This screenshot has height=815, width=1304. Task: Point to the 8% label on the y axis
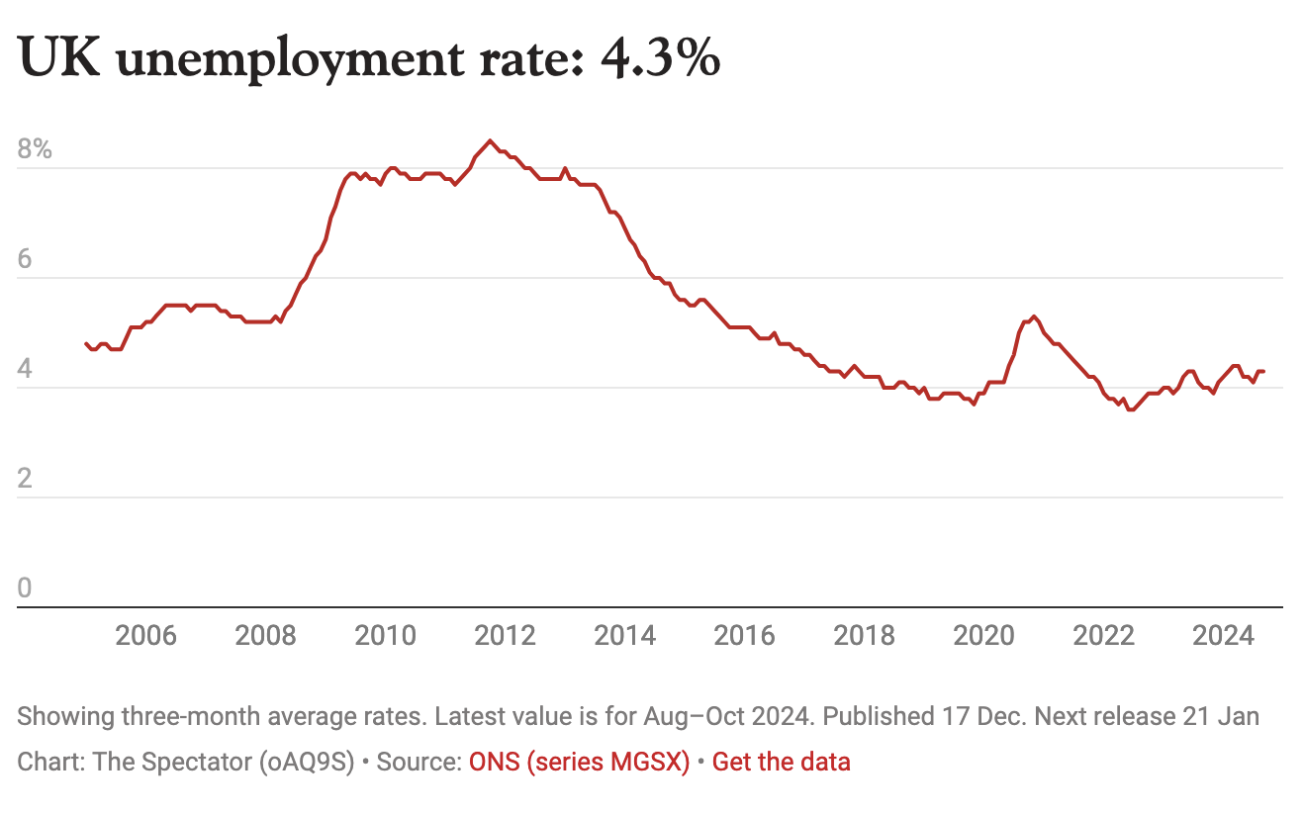pos(35,150)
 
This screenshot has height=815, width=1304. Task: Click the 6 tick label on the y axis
pos(25,260)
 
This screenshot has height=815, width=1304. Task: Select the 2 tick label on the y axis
pos(25,480)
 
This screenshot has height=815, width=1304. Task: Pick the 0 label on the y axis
pos(25,589)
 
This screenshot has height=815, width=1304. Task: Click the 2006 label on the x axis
pos(146,635)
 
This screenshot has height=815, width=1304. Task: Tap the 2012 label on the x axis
pos(506,635)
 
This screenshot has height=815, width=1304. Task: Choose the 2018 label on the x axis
pos(865,635)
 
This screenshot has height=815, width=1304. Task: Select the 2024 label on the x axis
pos(1223,635)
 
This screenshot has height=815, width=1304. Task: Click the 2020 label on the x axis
pos(983,635)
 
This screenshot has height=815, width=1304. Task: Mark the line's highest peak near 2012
pos(490,140)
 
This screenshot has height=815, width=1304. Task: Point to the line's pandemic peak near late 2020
pos(1034,317)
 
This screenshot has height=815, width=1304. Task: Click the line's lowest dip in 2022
pos(1130,409)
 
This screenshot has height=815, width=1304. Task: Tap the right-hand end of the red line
pos(1264,371)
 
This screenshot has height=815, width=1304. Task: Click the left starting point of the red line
pos(86,343)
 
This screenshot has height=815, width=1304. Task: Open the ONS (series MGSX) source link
pos(579,763)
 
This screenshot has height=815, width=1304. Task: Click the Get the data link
pos(781,763)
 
